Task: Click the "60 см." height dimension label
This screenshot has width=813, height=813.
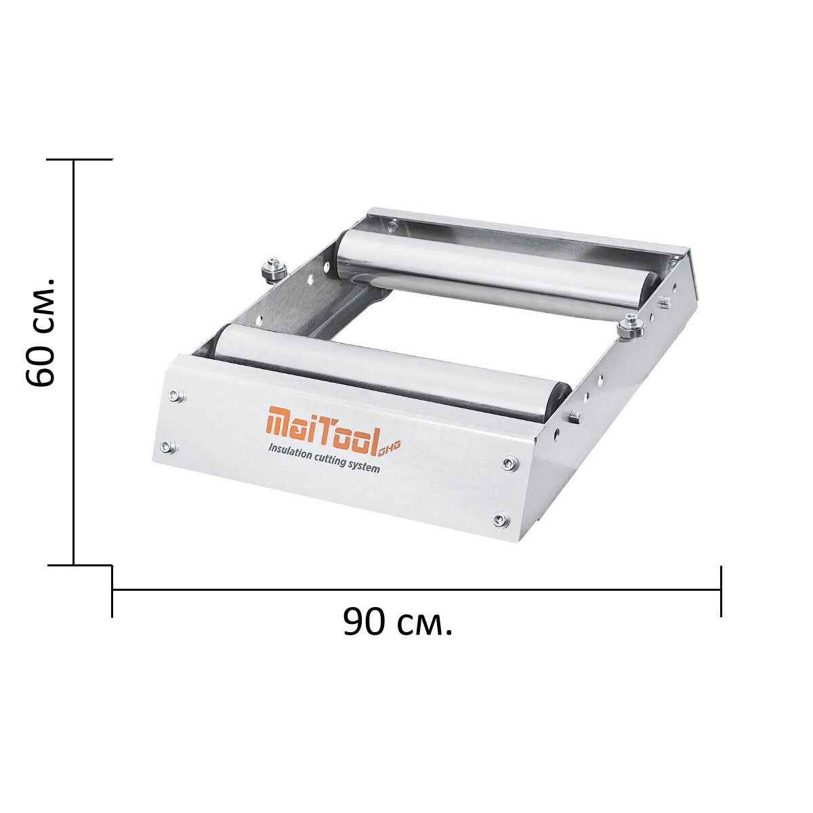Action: (40, 331)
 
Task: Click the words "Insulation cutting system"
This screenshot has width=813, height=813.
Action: (325, 459)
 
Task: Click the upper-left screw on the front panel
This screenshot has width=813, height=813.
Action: (175, 395)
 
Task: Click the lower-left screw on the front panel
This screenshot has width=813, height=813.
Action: (169, 446)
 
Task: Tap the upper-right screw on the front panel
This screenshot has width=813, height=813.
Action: (510, 463)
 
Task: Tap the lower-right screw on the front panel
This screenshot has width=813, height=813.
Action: (501, 519)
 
